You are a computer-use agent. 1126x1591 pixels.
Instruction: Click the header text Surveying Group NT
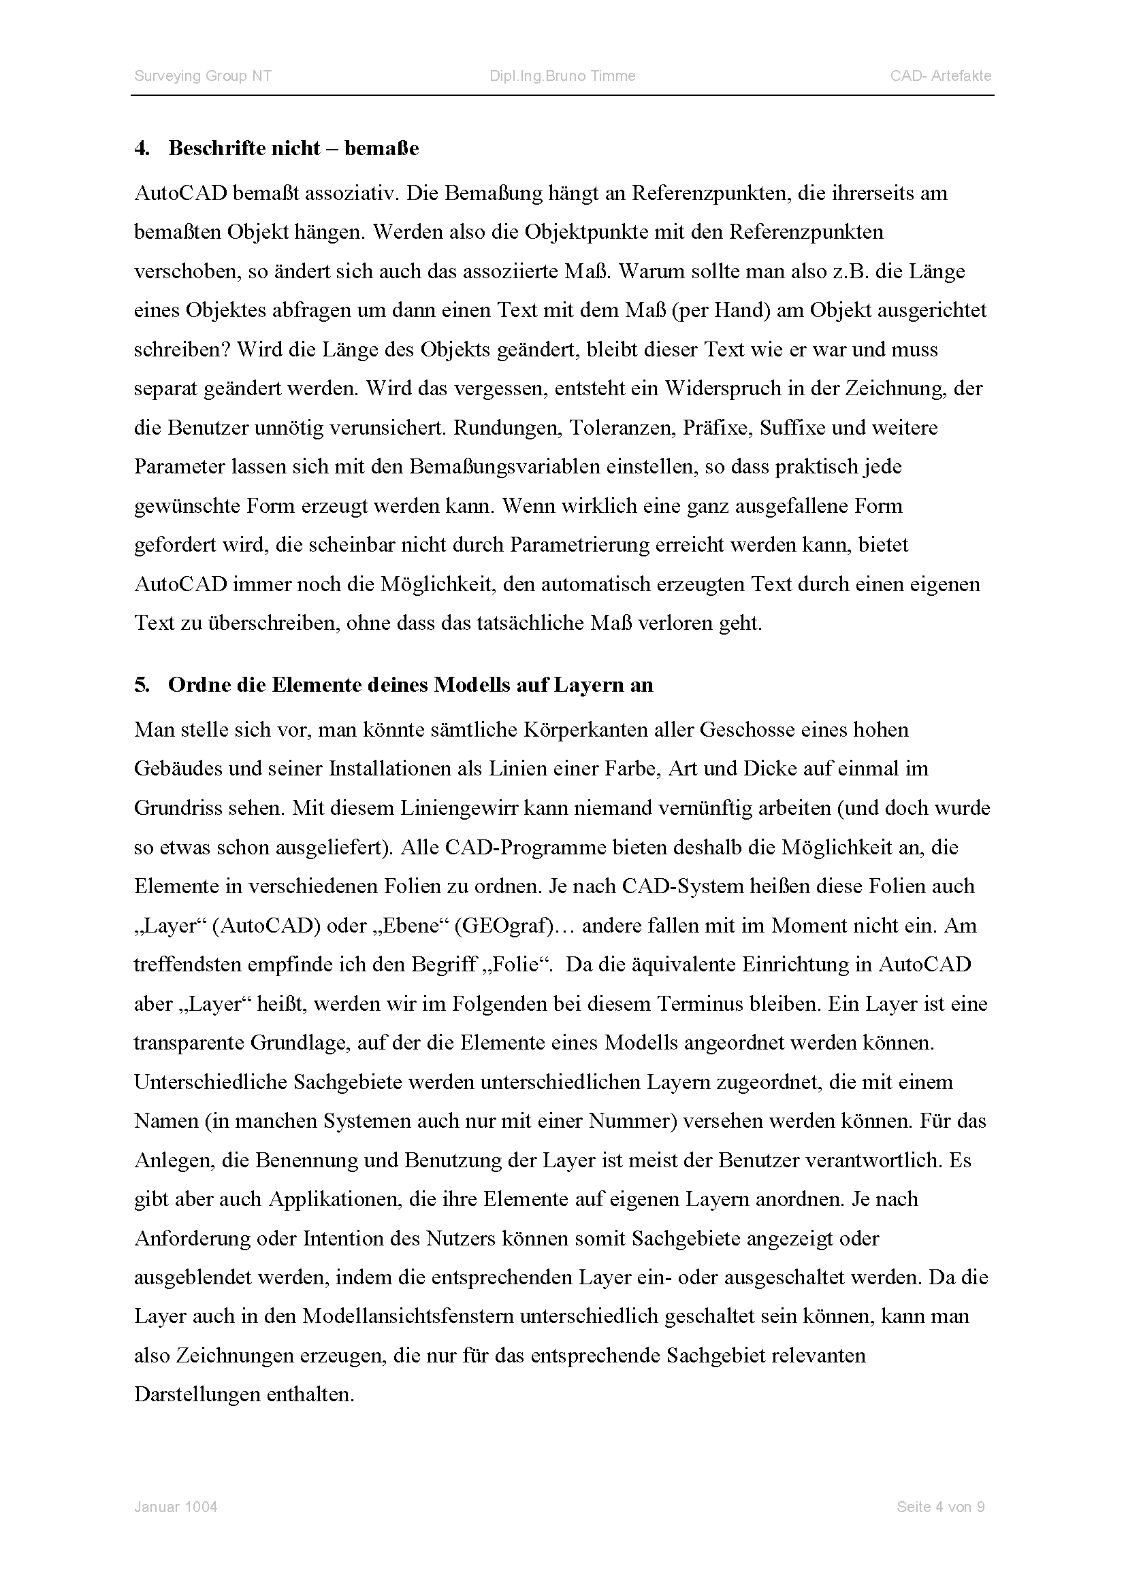202,76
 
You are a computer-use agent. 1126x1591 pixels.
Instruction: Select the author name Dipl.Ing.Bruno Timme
562,76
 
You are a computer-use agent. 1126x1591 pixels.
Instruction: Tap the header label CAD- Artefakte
940,76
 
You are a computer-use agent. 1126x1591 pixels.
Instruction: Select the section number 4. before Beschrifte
142,148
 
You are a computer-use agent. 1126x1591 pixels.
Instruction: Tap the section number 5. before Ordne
142,685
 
